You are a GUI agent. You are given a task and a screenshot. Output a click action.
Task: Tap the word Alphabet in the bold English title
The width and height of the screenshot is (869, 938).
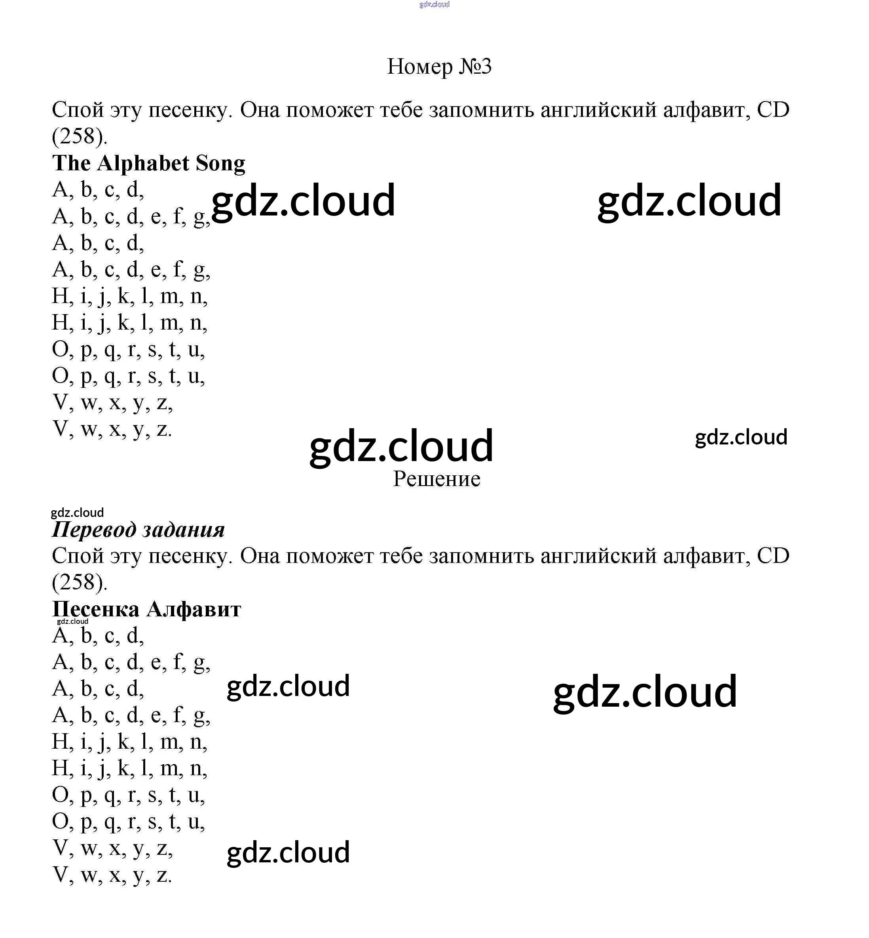click(143, 163)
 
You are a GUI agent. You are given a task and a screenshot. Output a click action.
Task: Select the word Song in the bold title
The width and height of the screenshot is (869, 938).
click(220, 163)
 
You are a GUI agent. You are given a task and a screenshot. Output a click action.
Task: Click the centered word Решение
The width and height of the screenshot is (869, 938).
click(436, 479)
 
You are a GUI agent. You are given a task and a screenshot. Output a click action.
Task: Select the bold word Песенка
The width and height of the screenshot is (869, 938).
click(95, 610)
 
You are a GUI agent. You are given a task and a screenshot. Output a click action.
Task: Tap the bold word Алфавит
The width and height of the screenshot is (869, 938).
click(194, 610)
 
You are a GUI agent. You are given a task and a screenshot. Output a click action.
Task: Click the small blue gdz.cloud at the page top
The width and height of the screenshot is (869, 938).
click(434, 5)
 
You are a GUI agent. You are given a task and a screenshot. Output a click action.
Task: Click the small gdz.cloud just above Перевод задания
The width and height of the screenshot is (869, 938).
click(77, 513)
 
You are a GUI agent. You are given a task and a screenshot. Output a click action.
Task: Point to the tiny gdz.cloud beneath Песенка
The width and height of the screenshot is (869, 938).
click(72, 621)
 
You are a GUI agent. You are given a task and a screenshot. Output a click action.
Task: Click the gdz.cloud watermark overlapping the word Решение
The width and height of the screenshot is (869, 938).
click(401, 446)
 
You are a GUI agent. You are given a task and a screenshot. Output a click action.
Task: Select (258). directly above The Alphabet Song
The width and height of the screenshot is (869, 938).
click(80, 137)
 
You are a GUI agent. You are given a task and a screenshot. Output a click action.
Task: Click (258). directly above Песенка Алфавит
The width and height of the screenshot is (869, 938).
click(80, 583)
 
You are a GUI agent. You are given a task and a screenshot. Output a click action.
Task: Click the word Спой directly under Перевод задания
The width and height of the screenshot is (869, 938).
click(77, 556)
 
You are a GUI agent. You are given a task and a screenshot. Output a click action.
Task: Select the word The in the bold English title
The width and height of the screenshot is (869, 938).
click(71, 163)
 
